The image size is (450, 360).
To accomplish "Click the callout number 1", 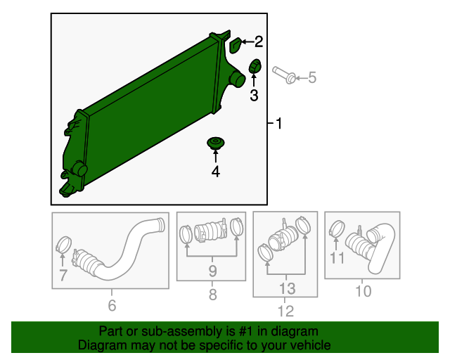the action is [x=278, y=124].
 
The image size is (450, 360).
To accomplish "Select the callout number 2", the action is [x=259, y=41].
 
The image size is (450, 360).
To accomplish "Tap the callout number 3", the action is [x=254, y=96].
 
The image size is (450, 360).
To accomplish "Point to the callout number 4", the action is [x=216, y=172].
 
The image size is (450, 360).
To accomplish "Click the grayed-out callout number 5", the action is [x=312, y=77].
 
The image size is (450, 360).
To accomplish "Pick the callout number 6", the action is [x=112, y=305].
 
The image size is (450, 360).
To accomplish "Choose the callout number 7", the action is [x=63, y=275].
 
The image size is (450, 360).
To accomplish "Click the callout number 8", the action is [x=212, y=295].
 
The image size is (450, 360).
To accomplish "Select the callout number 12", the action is [x=286, y=311].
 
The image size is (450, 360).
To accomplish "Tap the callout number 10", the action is [x=363, y=291].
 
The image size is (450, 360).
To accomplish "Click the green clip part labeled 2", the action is [x=236, y=46].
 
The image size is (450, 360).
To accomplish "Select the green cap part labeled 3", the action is [x=255, y=66].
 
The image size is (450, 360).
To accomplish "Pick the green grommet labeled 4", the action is [x=216, y=143].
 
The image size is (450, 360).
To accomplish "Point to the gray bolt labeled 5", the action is [x=284, y=75].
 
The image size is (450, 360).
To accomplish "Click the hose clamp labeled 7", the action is [x=63, y=245].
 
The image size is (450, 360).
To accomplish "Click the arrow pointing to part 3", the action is [x=254, y=80].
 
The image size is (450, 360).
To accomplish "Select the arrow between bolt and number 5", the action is [x=301, y=78].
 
